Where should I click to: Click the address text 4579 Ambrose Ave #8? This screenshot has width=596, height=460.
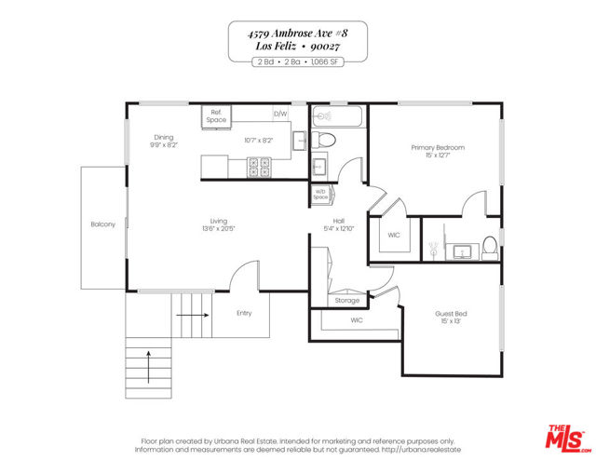tap(297, 32)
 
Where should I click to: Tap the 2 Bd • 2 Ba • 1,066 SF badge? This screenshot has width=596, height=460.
tap(297, 61)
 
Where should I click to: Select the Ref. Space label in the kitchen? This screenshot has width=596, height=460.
tap(216, 116)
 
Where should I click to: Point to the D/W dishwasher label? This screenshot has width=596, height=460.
tap(279, 115)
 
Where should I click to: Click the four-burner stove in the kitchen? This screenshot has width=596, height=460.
tap(258, 167)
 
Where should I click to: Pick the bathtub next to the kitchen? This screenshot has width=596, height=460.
tap(339, 117)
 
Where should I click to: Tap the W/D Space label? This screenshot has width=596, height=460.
tap(320, 196)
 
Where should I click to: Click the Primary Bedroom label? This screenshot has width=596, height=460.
tap(438, 148)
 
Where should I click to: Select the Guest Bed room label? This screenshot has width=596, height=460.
tap(451, 314)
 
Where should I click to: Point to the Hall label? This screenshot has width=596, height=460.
tap(340, 221)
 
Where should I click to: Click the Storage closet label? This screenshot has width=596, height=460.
tap(346, 300)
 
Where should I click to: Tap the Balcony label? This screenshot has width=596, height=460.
tap(102, 224)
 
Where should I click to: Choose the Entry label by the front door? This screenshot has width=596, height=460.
tap(244, 313)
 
